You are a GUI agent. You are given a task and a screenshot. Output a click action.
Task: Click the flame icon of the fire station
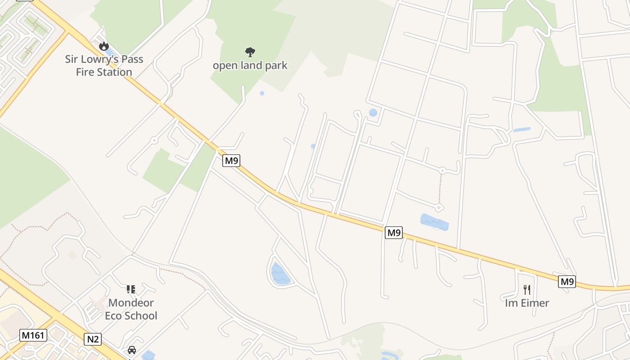click(104, 46)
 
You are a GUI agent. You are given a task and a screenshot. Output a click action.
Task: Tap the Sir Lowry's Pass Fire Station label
click(104, 66)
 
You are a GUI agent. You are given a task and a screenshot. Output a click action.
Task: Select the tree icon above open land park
click(250, 52)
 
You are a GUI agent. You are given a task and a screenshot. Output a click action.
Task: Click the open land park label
click(250, 66)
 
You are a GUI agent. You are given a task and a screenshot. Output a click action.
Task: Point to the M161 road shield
click(33, 335)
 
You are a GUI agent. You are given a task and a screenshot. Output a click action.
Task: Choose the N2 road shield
click(93, 339)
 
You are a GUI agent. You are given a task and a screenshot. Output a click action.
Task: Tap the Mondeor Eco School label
click(131, 309)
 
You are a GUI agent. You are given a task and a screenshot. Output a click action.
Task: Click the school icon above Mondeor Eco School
click(131, 289)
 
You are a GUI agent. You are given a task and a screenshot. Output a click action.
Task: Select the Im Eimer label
click(527, 303)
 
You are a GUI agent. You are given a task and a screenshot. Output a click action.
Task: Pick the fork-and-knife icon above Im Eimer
click(527, 289)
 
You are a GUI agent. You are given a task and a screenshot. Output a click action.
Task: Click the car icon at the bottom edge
click(132, 350)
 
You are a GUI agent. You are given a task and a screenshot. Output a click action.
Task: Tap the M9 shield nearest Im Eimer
click(567, 282)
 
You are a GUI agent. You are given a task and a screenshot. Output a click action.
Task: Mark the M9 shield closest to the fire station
click(231, 161)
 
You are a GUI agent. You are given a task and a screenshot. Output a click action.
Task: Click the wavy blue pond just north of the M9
click(434, 222)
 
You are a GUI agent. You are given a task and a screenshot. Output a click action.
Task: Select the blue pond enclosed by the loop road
click(280, 274)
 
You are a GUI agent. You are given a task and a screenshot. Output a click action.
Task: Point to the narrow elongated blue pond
click(522, 130)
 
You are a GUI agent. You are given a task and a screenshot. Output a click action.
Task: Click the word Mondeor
click(131, 303)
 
